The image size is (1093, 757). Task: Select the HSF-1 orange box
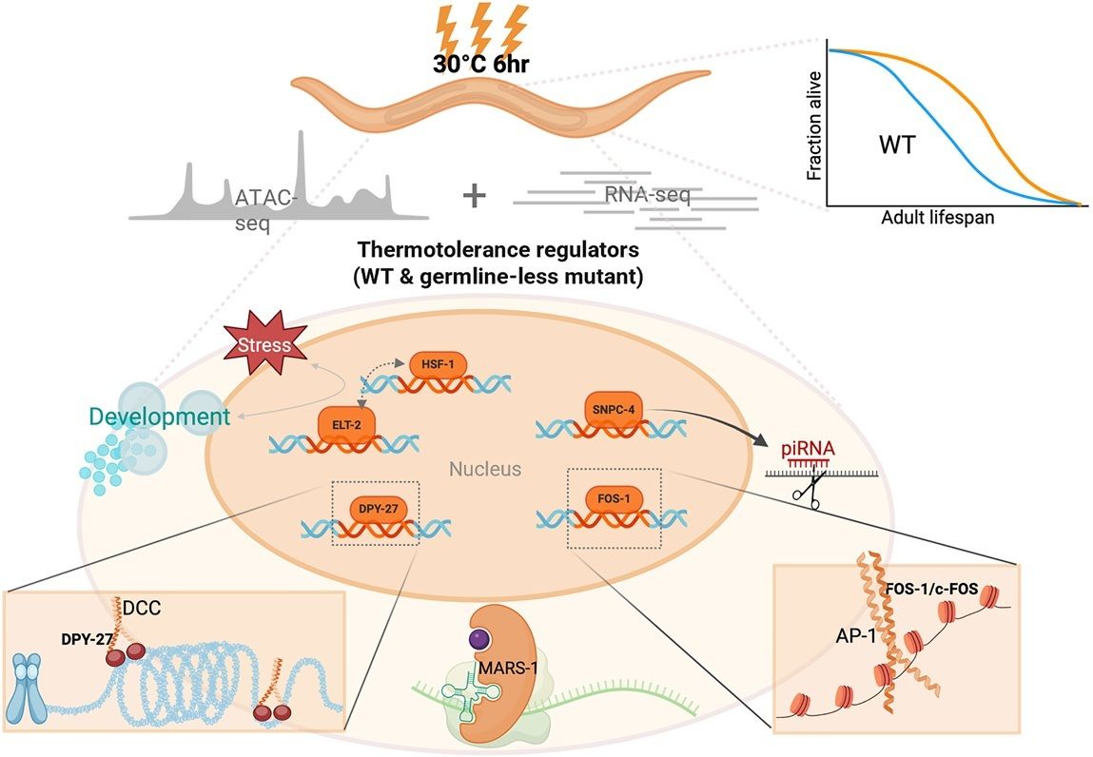438,364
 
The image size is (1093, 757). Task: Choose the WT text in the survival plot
898,146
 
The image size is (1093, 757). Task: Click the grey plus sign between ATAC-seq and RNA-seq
473,195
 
